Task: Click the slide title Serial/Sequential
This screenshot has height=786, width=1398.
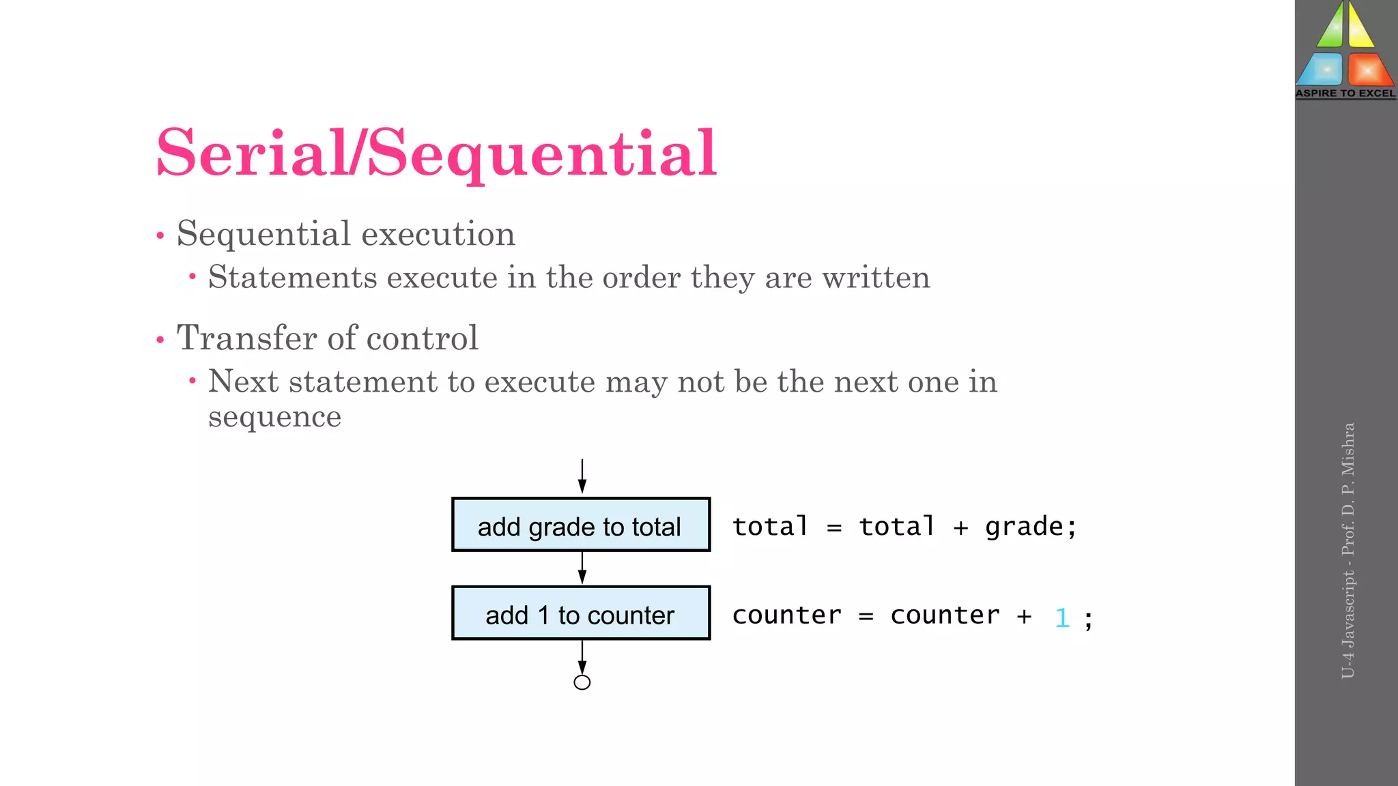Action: click(436, 153)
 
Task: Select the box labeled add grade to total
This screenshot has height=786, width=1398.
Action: click(581, 525)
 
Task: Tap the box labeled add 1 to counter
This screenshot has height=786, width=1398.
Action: click(581, 613)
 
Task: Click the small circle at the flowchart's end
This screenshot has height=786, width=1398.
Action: click(582, 682)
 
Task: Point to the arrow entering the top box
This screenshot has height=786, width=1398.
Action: click(582, 476)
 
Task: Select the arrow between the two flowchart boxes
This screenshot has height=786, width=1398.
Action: click(582, 568)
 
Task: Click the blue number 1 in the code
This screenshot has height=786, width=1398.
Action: click(1061, 617)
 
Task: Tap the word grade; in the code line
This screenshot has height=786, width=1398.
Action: click(1031, 527)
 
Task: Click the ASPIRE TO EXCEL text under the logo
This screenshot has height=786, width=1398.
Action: click(1345, 93)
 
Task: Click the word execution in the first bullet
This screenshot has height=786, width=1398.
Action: click(438, 234)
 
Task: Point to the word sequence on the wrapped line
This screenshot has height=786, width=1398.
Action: click(274, 417)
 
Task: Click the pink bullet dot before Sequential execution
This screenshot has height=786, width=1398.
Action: click(160, 236)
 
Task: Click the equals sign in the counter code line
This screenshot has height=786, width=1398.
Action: click(866, 616)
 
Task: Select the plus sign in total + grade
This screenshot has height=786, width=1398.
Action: click(960, 527)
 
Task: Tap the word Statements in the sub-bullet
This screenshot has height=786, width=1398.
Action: click(293, 278)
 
